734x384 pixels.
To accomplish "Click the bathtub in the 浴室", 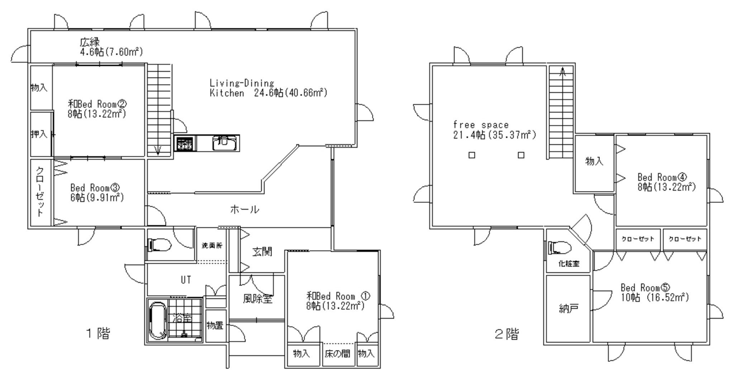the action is coord(157,321).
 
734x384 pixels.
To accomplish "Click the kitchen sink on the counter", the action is coord(224,143).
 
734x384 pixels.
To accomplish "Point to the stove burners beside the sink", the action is coord(185,143).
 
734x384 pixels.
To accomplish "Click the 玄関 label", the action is coord(262,252).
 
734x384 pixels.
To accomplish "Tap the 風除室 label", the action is coord(258,298).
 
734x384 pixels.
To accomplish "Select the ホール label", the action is coord(244,210).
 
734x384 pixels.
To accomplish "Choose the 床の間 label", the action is coord(337,354).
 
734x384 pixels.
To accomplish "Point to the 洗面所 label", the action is coord(212,246).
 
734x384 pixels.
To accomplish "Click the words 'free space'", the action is coord(481,125).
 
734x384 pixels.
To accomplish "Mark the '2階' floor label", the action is coord(506,334).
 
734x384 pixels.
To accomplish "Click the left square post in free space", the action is coord(472,155).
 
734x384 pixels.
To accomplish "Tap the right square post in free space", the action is coord(521,155).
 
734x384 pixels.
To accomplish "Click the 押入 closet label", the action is coord(39,134).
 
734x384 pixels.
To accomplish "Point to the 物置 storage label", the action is coord(215,326).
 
